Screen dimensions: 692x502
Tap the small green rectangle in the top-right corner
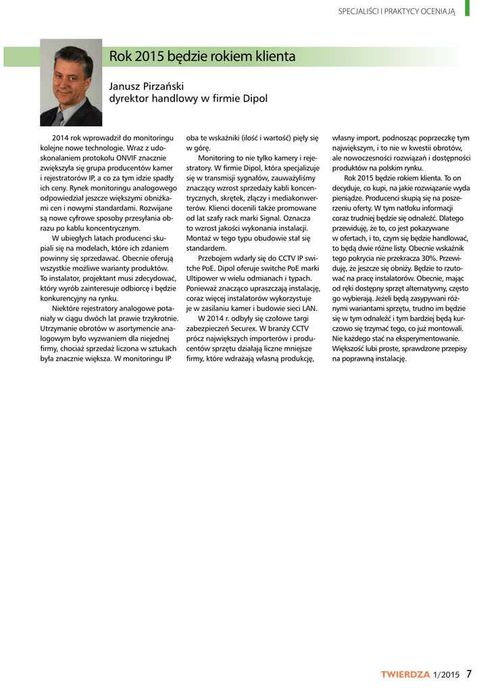467,8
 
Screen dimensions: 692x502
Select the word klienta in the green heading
273,57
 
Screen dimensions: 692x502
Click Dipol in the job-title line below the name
253,99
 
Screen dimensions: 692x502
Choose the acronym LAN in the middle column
308,308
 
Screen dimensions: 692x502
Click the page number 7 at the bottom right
469,673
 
